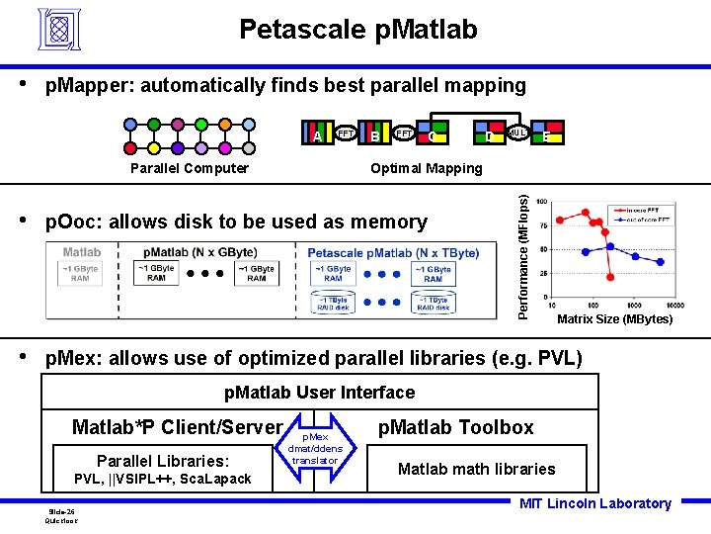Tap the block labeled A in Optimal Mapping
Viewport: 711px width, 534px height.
pos(316,134)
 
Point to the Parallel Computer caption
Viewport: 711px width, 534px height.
pos(190,168)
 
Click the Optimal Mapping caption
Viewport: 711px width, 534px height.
pos(427,168)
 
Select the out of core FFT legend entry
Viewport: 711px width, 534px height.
pos(645,219)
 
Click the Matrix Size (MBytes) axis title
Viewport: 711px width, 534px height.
pos(614,319)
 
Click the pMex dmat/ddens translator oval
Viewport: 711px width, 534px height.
pos(316,448)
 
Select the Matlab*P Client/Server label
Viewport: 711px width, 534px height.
pos(178,427)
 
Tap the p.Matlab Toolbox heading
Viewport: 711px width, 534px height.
pos(455,427)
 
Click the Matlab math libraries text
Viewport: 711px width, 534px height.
pos(477,469)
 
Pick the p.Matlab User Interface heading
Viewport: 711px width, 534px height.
pos(320,393)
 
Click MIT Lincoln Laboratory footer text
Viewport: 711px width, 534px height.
pos(595,503)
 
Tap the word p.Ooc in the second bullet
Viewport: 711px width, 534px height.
pos(75,222)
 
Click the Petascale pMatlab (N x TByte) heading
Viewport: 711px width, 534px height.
pos(393,253)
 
